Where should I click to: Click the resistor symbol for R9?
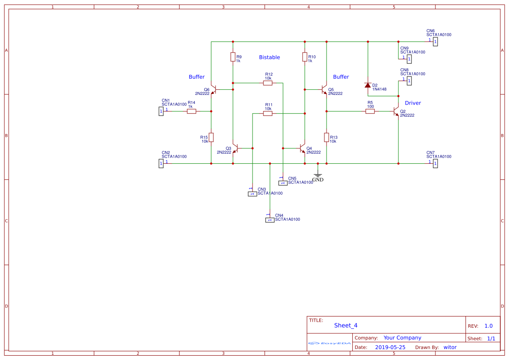(233, 57)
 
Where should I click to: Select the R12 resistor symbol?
(268, 83)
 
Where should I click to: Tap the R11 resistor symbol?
(268, 113)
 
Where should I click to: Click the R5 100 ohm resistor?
(370, 111)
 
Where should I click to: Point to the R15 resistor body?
(211, 138)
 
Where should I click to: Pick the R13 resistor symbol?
(327, 138)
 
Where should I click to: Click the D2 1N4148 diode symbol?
(368, 85)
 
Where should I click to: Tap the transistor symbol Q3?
(235, 148)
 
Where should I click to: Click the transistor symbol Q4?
(303, 148)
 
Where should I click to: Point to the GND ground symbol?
(318, 175)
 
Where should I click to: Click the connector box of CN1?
(161, 111)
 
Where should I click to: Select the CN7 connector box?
(435, 164)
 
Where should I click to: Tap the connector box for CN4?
(270, 220)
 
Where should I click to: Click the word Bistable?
(270, 57)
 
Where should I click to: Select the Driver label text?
(413, 103)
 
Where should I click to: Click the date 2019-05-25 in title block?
(390, 347)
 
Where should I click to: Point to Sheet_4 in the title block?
(346, 325)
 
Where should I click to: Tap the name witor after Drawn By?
(450, 347)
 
